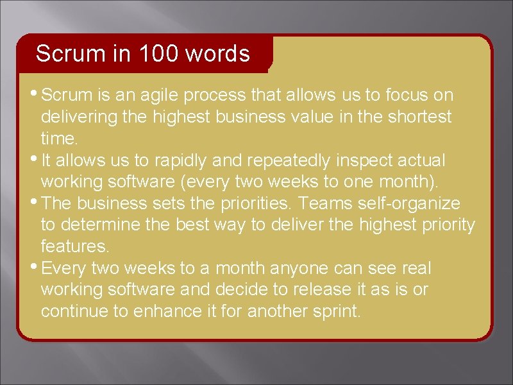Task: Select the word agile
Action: coord(157,96)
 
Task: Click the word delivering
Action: coord(80,117)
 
